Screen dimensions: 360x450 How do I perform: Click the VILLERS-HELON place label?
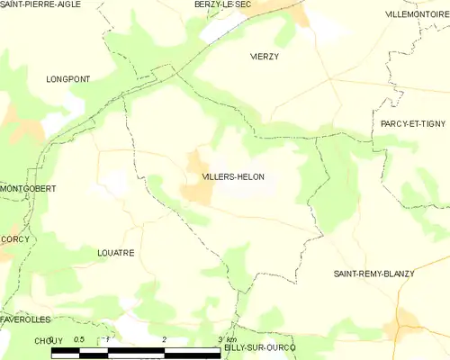233,177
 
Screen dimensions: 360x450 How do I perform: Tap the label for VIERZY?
265,56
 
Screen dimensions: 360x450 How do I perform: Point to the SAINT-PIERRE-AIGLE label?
40,4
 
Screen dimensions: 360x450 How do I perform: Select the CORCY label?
15,239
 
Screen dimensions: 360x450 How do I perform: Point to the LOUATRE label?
115,253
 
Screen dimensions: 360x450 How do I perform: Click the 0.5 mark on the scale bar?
79,339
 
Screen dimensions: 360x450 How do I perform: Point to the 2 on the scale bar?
165,339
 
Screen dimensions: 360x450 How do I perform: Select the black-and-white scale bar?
136,351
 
